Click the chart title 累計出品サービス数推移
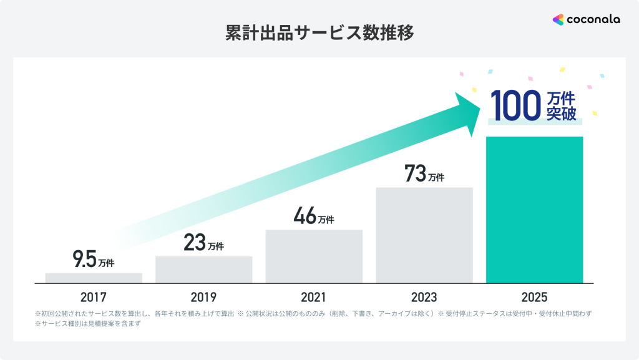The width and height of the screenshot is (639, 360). pyautogui.click(x=319, y=33)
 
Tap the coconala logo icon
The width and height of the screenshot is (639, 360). pyautogui.click(x=558, y=19)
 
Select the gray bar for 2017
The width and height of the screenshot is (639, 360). pyautogui.click(x=94, y=278)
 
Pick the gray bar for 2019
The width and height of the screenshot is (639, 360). pyautogui.click(x=203, y=270)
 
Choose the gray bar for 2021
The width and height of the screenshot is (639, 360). pyautogui.click(x=314, y=256)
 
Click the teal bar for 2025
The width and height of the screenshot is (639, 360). pyautogui.click(x=534, y=210)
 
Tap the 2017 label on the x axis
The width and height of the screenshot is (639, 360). pyautogui.click(x=94, y=297)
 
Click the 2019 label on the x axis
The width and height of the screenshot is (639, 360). pyautogui.click(x=203, y=297)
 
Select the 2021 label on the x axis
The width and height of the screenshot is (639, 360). pyautogui.click(x=314, y=297)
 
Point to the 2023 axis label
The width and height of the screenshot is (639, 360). pyautogui.click(x=424, y=297)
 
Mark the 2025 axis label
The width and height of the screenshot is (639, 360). pyautogui.click(x=534, y=297)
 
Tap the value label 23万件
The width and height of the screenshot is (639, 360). pyautogui.click(x=203, y=243)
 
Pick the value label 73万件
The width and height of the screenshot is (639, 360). pyautogui.click(x=424, y=174)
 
